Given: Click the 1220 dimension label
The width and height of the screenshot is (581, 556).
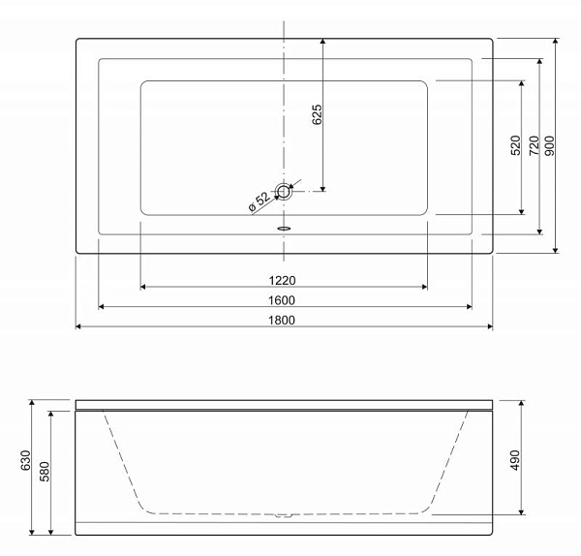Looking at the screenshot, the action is (x=282, y=281).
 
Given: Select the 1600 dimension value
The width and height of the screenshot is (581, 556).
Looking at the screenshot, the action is (x=282, y=300).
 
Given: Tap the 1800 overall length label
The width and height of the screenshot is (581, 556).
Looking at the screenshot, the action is (x=282, y=320).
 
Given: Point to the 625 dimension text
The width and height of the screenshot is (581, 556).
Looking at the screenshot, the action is (x=317, y=114).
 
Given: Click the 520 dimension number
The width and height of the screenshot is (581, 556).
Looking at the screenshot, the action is (x=515, y=145).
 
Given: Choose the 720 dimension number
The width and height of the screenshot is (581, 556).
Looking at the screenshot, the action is (x=534, y=145).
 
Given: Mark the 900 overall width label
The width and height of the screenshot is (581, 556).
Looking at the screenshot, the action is (x=549, y=145).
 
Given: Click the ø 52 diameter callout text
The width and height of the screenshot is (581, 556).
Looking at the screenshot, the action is (x=260, y=202).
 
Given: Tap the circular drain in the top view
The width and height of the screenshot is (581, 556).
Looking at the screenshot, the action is (x=284, y=191).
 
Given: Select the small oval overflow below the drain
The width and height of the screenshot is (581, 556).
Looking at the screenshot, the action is (x=284, y=229).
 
